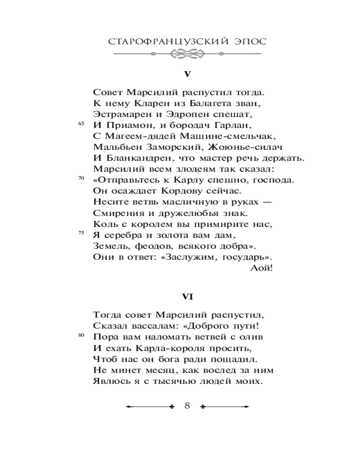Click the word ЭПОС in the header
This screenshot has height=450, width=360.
coord(248,41)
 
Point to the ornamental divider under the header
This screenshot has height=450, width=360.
coord(187,55)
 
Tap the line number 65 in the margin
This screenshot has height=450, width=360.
coord(81,124)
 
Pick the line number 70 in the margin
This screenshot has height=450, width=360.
coord(81,179)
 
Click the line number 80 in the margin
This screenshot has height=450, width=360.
coord(81,335)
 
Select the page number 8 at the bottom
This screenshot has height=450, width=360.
coord(188,406)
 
